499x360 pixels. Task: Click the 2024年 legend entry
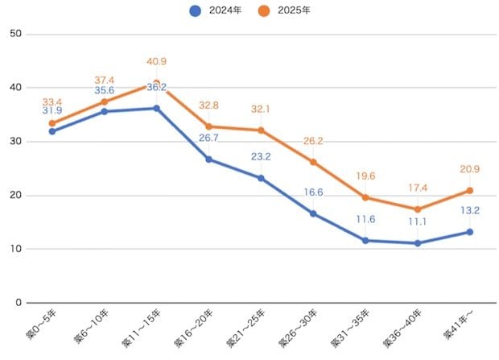tap(216, 10)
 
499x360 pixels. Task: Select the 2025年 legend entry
tap(284, 10)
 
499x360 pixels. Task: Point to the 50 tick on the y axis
tap(15, 34)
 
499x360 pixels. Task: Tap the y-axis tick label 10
tap(15, 249)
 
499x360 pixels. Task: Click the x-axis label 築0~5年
tap(41, 324)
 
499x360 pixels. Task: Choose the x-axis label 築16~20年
tap(193, 328)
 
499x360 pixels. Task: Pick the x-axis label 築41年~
tap(458, 325)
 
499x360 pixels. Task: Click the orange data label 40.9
tap(157, 61)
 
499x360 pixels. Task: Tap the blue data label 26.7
tap(208, 138)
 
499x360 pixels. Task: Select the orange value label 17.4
tap(418, 188)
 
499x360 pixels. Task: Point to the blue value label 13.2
tap(470, 210)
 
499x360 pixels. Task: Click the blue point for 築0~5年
tap(52, 131)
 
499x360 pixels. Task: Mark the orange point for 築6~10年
tap(105, 102)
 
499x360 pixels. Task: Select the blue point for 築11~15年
tap(157, 108)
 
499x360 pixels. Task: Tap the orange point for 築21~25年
tap(261, 130)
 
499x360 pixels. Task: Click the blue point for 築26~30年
tap(313, 213)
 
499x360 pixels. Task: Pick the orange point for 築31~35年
tap(365, 197)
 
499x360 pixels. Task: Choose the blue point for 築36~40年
tap(418, 243)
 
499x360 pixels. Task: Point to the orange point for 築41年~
tap(470, 191)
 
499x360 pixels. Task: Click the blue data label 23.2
tap(261, 157)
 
